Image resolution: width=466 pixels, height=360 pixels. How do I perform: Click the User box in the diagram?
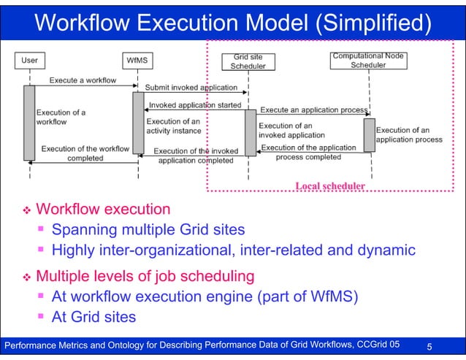30,61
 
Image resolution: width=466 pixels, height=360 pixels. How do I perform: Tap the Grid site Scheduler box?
248,61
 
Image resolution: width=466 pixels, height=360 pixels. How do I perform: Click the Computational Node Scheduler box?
368,61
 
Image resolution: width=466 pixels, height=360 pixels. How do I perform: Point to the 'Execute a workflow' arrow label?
83,80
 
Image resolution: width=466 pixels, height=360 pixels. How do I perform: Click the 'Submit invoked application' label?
191,87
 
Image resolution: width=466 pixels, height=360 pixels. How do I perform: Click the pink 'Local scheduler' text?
330,185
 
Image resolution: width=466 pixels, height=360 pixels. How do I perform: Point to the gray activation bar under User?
28,123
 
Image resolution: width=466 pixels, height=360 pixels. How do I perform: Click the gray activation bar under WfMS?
137,123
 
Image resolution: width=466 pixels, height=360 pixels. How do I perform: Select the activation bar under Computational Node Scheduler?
369,136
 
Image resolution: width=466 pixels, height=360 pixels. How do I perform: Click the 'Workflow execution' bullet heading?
103,210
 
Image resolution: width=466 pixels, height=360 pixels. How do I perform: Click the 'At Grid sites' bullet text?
93,318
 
